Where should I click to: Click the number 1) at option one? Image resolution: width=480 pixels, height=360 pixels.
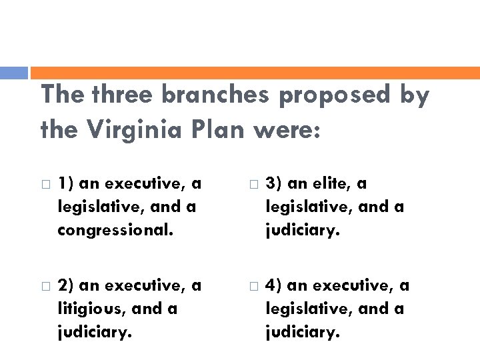pyautogui.click(x=65, y=183)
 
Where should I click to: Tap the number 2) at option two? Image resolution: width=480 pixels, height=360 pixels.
pyautogui.click(x=65, y=285)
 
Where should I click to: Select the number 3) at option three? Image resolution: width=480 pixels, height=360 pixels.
pyautogui.click(x=273, y=183)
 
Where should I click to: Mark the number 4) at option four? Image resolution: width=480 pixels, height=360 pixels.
pyautogui.click(x=273, y=285)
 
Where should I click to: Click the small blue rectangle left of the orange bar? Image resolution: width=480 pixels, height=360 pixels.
pyautogui.click(x=14, y=73)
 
